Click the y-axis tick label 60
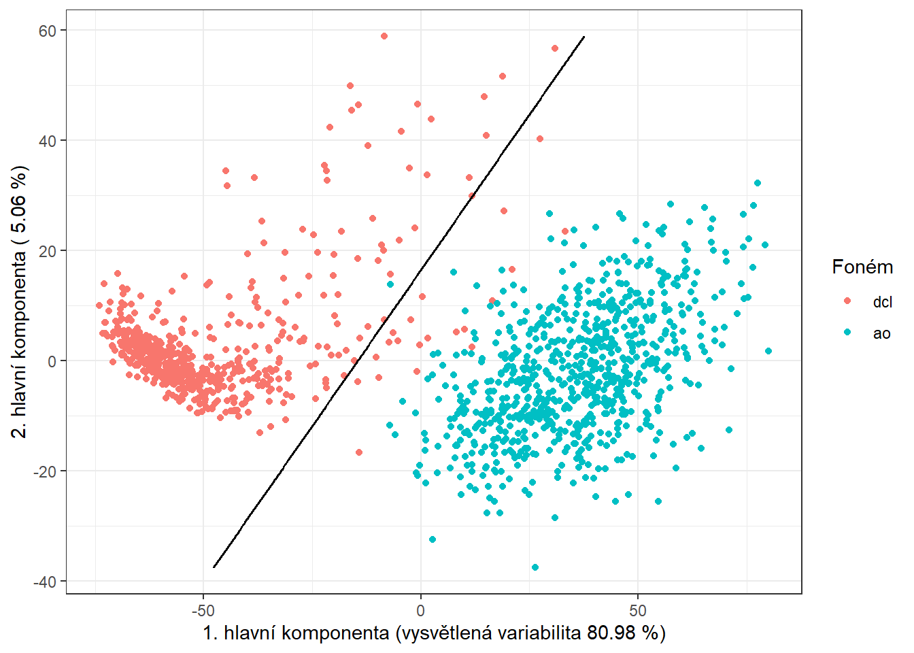pos(48,31)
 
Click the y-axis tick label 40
pos(48,141)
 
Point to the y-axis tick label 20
pos(48,251)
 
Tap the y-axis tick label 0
pos(52,361)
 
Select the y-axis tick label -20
pos(46,471)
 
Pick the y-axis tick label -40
pos(46,582)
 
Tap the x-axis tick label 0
pos(420,610)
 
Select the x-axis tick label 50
pos(638,610)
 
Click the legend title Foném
pos(862,267)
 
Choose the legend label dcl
pos(882,302)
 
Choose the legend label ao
pos(881,333)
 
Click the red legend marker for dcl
pos(847,301)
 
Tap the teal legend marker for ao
pos(847,333)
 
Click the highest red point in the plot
pos(384,36)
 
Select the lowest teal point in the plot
pos(535,567)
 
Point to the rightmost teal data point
pos(768,351)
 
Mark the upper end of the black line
pos(584,37)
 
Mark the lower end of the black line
pos(214,567)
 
